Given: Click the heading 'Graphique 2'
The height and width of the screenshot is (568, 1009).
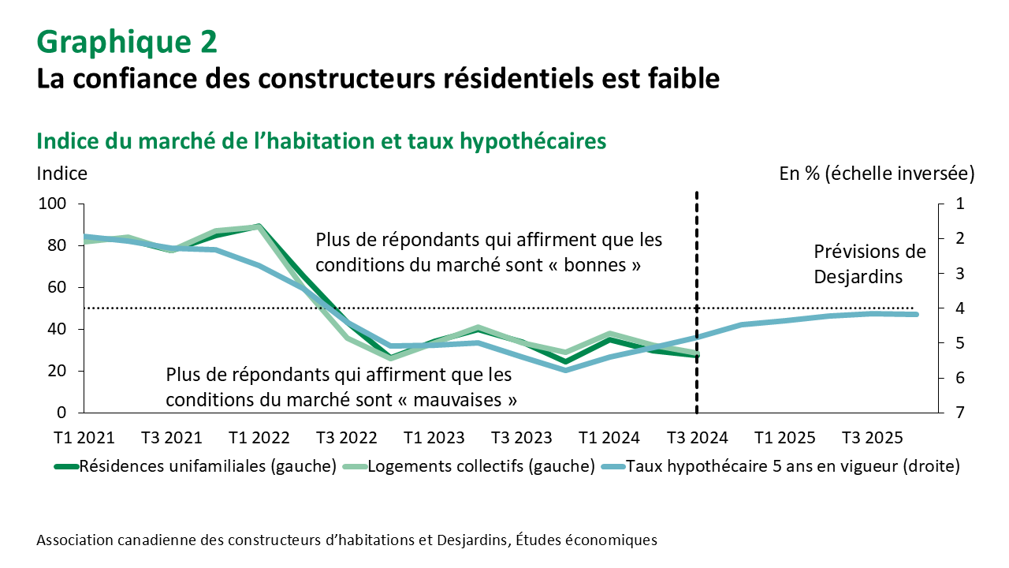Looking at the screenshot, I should [126, 42].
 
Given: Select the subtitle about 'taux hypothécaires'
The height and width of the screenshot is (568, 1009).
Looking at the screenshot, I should [322, 140].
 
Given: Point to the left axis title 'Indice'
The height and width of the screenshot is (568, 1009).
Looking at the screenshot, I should [61, 173].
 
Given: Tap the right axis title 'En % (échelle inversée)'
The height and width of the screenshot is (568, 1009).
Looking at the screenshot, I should [877, 174].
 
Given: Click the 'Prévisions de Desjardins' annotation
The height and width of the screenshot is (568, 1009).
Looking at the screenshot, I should [869, 264].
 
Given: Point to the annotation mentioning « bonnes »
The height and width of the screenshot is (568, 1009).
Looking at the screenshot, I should [489, 252].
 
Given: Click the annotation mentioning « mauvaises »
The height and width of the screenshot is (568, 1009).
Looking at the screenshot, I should [341, 387].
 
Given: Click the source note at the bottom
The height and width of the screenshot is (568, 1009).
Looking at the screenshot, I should [346, 540].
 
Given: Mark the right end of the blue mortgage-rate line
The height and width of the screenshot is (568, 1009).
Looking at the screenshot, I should [915, 315].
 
